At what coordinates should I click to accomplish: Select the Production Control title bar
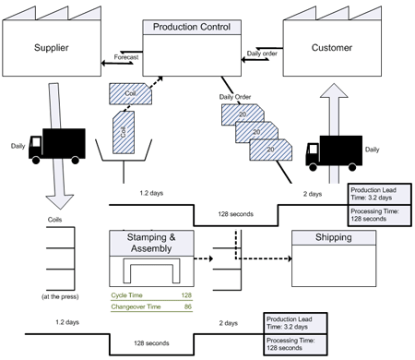192,27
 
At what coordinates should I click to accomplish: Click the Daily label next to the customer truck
372,149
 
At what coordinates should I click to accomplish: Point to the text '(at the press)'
58,296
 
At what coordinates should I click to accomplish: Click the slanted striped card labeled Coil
127,92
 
